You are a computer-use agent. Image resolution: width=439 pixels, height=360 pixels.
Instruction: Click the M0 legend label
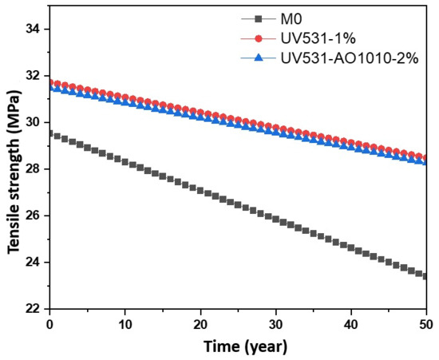(291, 19)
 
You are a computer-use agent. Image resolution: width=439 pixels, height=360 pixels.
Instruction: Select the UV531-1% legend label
(318, 38)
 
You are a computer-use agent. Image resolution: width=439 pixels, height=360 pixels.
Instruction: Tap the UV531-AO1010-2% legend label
(350, 58)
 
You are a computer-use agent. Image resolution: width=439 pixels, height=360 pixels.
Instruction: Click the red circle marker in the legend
(259, 38)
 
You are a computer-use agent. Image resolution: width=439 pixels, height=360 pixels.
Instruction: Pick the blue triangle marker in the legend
(259, 58)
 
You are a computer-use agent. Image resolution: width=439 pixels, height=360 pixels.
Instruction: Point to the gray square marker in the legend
(259, 19)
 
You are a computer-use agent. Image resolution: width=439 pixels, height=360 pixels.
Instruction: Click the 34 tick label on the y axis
(34, 29)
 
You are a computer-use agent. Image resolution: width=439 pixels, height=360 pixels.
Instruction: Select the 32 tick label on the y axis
(34, 76)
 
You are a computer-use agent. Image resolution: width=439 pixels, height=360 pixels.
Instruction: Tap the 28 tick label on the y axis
(34, 169)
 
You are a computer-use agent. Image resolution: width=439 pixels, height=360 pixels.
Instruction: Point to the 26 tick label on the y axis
(34, 216)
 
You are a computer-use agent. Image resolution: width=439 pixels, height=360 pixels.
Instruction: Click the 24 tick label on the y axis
(34, 263)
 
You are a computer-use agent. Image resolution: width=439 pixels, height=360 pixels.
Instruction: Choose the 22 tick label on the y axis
(34, 309)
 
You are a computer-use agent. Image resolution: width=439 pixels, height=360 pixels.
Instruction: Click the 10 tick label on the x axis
(125, 325)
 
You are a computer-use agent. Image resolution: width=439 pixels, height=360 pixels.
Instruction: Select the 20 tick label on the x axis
(200, 325)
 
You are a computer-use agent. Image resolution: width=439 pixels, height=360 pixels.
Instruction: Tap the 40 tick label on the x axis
(351, 325)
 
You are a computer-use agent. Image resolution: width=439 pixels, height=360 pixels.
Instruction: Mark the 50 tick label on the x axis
(426, 325)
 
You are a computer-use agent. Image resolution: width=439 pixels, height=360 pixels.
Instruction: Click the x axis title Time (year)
(245, 346)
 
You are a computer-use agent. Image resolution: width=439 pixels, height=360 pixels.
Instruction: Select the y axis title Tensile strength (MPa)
(14, 172)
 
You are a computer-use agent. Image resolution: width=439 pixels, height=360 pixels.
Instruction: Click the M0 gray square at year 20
(200, 191)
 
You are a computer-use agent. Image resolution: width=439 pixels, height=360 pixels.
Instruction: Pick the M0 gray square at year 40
(351, 247)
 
